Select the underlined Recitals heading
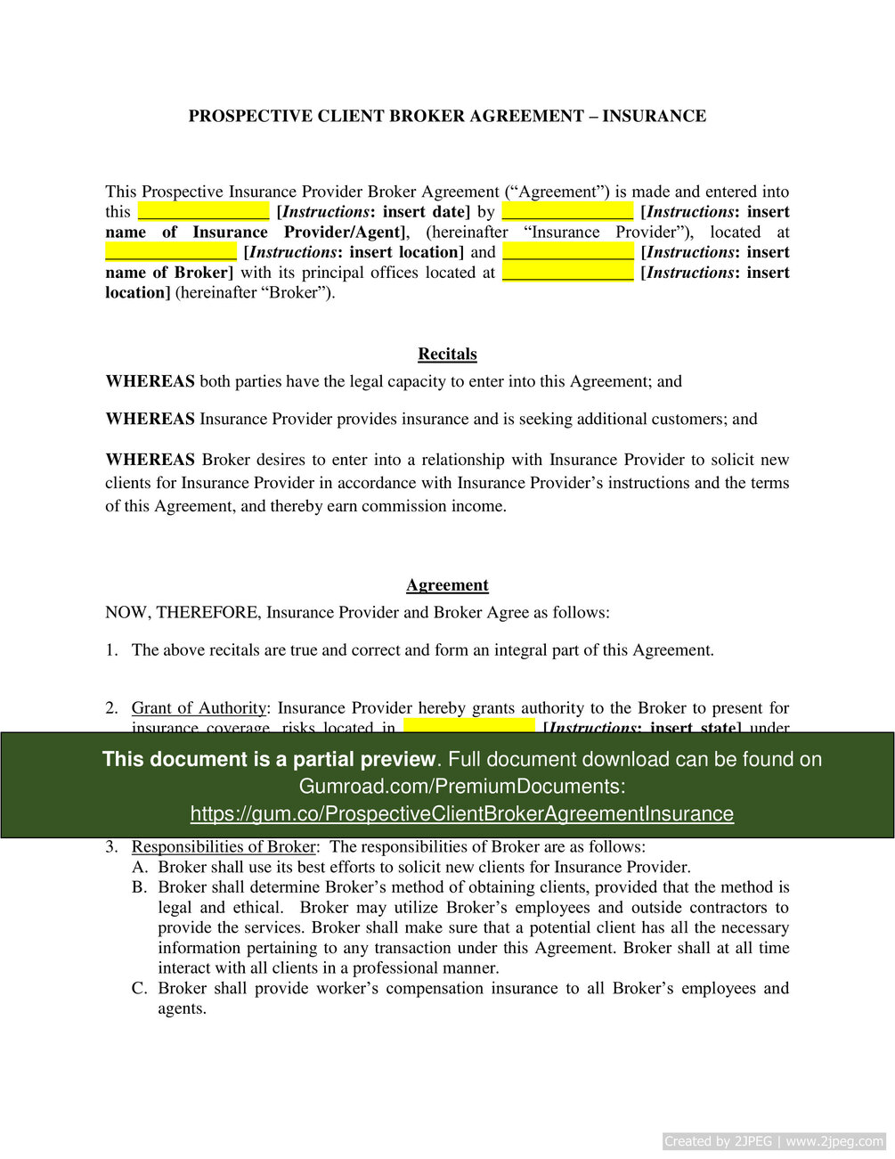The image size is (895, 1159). click(447, 354)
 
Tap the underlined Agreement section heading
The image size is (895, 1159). click(447, 585)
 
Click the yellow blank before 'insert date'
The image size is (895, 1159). click(203, 212)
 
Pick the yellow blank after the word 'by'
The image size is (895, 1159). click(567, 212)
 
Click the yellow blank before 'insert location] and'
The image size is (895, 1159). click(170, 252)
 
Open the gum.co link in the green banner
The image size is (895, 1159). click(461, 813)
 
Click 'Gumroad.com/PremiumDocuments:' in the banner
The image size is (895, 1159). click(461, 786)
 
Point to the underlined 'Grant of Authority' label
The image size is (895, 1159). click(198, 708)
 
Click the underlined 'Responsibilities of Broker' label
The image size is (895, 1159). click(224, 846)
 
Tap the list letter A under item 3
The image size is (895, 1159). click(139, 867)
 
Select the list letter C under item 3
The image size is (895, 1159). click(139, 988)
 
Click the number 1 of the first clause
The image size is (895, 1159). click(111, 650)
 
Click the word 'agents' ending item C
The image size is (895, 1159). click(181, 1008)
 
